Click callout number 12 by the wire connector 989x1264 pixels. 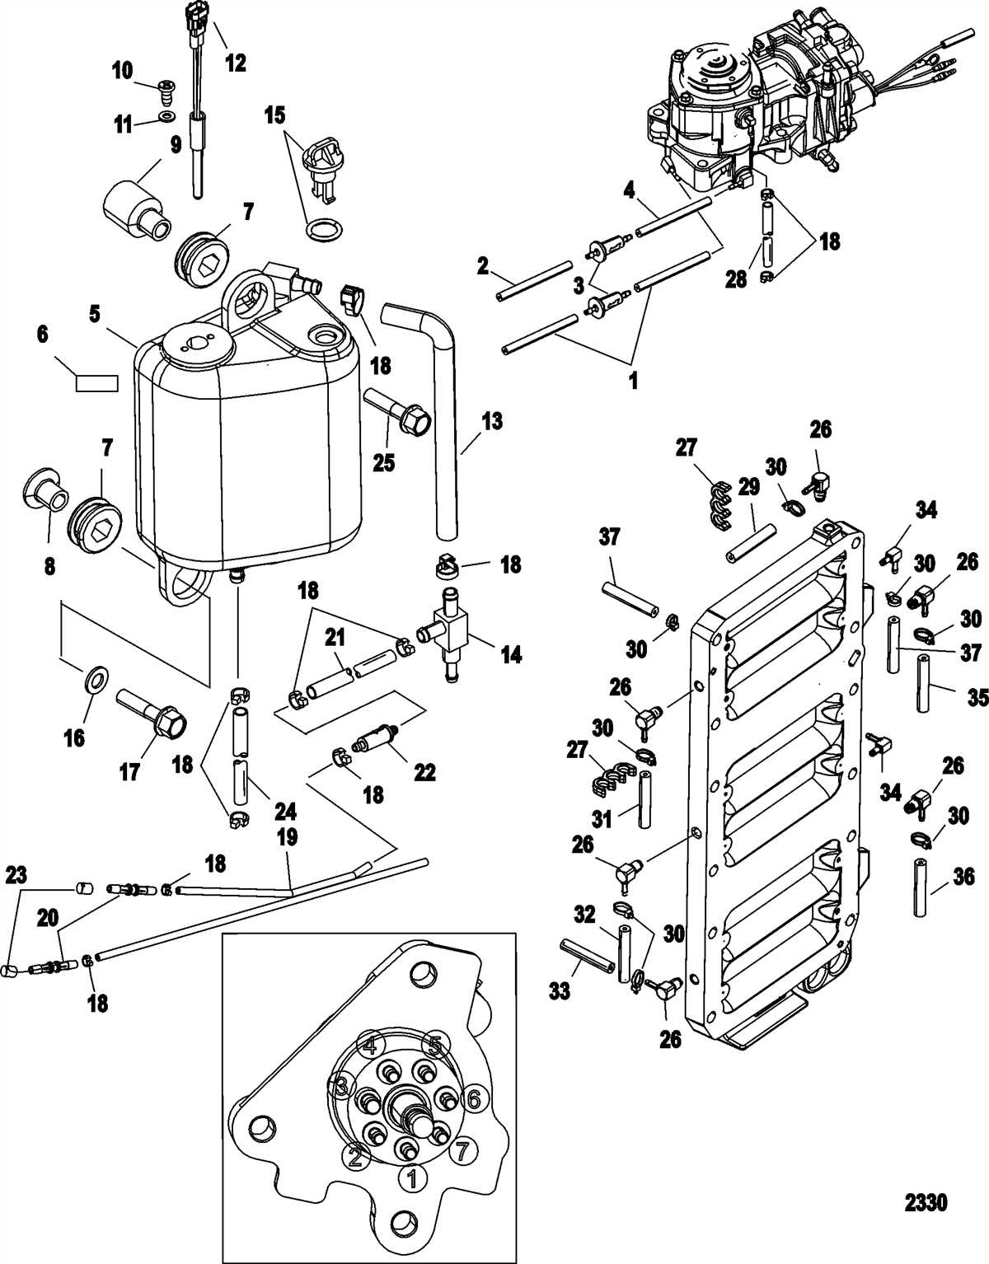point(236,63)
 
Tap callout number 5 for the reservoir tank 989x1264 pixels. point(95,314)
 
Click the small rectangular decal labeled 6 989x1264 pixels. point(96,383)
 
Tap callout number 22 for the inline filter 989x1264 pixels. point(424,773)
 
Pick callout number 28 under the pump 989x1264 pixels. point(737,279)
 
